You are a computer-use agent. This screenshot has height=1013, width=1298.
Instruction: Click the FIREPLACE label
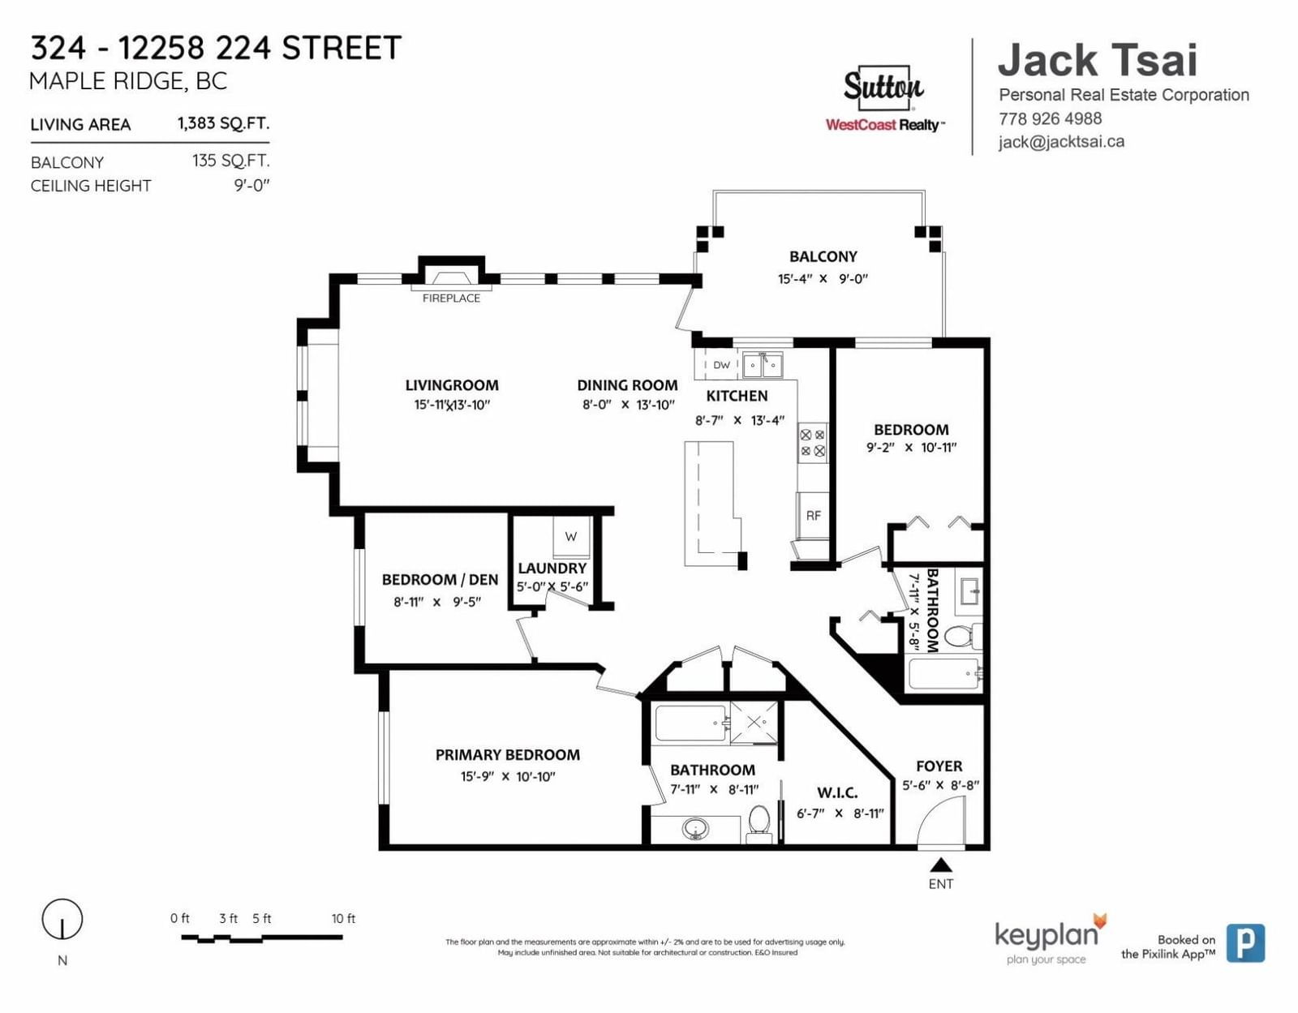(451, 298)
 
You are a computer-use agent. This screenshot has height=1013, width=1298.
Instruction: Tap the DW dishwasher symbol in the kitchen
(721, 365)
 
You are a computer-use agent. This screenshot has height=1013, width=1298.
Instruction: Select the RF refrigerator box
(813, 515)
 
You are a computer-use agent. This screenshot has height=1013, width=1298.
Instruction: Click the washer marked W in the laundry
(571, 536)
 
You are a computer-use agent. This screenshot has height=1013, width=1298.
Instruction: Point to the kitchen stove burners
(812, 443)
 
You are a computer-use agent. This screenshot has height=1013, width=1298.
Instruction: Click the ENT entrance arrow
(941, 865)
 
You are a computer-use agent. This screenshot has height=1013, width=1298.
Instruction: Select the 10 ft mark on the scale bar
(343, 919)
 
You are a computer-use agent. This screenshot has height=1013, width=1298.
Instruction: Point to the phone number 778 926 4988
(1050, 118)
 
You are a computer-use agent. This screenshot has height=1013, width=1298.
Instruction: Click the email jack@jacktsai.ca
(1061, 142)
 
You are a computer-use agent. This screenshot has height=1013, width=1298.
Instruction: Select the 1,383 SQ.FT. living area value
(223, 123)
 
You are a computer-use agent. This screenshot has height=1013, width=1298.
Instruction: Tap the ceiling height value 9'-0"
(251, 186)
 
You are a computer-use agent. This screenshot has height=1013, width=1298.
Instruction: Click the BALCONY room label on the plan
(823, 256)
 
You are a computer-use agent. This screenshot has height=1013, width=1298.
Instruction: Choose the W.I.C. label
(837, 792)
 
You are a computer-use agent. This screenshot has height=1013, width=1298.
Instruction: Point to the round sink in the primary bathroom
(695, 829)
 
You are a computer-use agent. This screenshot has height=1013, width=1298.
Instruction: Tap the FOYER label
(939, 766)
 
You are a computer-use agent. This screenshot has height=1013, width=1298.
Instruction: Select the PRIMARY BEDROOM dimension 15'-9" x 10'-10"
(508, 777)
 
